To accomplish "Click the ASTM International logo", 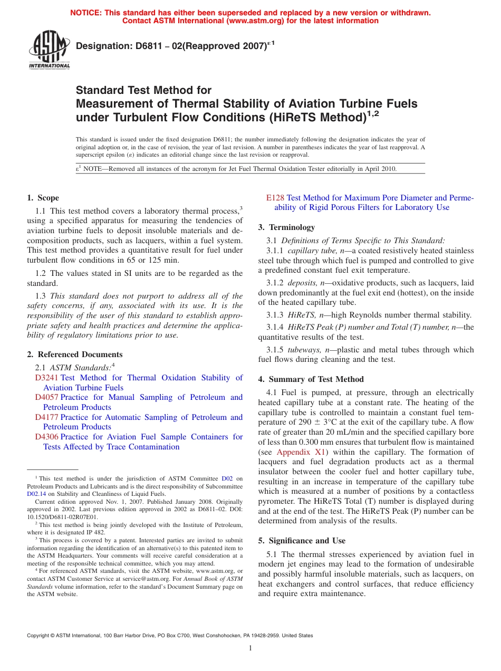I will pos(49,50).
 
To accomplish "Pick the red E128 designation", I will pos(275,198).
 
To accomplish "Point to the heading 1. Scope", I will pos(43,198).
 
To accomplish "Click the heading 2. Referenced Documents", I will pos(74,354).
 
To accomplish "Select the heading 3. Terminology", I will pos(286,227).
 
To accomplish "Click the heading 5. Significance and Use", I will pos(302,541).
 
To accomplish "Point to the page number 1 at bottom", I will pos(250,648).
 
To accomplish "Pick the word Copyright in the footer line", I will pos(40,636).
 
